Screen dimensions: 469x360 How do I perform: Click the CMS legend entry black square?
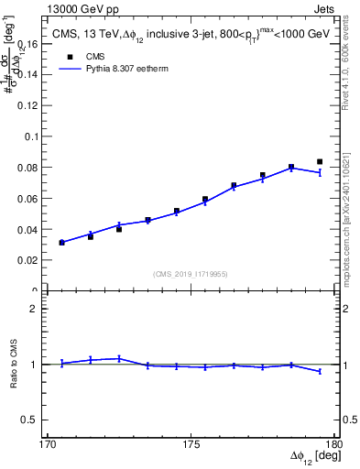[69, 56]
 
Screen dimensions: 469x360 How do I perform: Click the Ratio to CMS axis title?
[16, 364]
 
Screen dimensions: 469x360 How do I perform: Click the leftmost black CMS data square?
[61, 243]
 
